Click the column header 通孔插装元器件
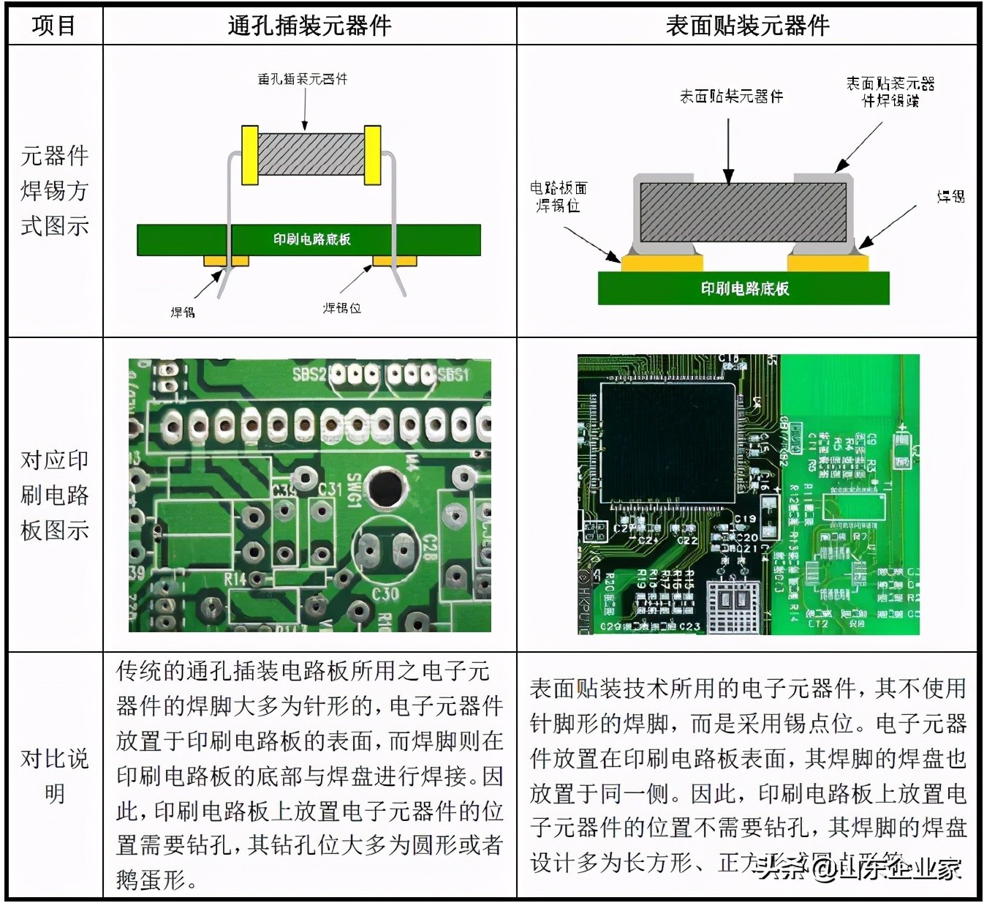click(x=309, y=26)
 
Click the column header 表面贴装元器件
click(x=747, y=26)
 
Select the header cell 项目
click(x=54, y=26)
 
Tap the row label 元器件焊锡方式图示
click(x=54, y=190)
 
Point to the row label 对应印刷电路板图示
click(x=54, y=495)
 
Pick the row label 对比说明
click(x=54, y=776)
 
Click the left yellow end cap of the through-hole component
click(x=250, y=155)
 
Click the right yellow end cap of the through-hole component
click(x=372, y=155)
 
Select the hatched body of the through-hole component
click(x=311, y=154)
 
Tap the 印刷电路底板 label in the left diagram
click(x=311, y=239)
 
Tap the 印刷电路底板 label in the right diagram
click(x=744, y=288)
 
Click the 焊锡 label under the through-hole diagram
click(x=183, y=312)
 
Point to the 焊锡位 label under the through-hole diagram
click(x=342, y=308)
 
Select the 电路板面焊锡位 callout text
click(x=559, y=197)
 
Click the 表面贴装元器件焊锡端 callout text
click(x=890, y=91)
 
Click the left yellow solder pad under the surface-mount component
click(x=662, y=262)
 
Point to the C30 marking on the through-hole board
click(x=385, y=593)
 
